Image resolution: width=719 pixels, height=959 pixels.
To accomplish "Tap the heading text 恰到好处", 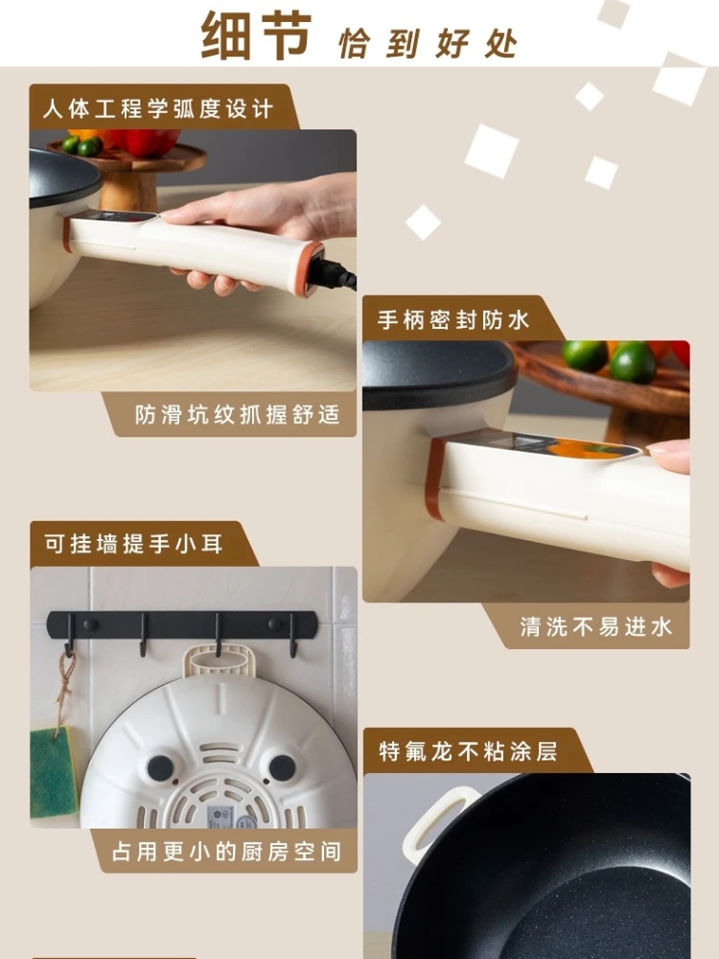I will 428,43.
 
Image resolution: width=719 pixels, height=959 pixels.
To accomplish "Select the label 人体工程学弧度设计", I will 157,108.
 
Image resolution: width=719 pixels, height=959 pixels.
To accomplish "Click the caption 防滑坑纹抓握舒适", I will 238,416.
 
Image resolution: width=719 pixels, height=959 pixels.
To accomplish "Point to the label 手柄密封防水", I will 453,319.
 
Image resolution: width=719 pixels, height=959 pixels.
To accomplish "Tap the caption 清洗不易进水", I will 595,627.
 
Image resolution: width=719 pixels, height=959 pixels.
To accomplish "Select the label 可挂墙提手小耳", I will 133,544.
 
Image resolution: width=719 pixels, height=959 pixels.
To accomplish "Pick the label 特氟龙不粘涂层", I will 468,751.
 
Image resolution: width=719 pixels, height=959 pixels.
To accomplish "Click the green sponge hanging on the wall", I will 53,773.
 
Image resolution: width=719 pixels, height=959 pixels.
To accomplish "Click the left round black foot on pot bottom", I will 159,768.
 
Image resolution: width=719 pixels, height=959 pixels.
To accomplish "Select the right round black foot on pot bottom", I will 282,767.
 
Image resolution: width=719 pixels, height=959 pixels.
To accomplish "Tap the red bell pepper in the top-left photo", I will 149,142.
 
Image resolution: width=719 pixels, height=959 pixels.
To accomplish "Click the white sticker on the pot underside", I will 221,816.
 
